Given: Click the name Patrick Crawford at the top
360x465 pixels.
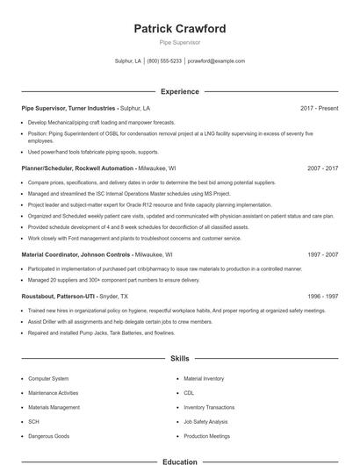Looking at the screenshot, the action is click(x=180, y=29).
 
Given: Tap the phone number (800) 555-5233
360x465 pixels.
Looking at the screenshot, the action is click(x=164, y=61).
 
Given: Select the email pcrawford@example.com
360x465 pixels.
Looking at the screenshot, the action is click(x=217, y=61).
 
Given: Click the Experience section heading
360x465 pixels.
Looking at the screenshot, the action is click(x=180, y=91).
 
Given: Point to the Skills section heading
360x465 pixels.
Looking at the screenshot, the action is click(x=180, y=359).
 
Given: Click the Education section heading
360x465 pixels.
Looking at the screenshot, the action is click(x=180, y=461).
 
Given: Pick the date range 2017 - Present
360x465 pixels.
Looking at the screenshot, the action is click(x=319, y=108).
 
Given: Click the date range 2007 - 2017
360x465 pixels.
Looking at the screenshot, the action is click(x=322, y=168).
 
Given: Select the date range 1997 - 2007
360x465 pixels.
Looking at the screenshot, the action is click(x=322, y=254).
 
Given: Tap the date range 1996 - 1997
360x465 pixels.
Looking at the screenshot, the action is click(x=322, y=297).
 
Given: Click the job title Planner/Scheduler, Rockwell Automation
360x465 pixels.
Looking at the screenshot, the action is click(x=78, y=168).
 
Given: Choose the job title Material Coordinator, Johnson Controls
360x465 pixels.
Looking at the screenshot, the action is click(x=81, y=254).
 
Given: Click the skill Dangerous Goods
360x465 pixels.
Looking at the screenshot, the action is click(x=48, y=436).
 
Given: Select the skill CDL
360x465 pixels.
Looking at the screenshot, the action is click(x=189, y=393).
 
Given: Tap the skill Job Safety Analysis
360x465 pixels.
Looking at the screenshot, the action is click(x=205, y=422).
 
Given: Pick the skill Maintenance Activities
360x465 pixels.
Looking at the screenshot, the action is click(x=54, y=393).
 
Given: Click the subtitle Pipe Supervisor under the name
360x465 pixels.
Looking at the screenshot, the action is click(x=180, y=42).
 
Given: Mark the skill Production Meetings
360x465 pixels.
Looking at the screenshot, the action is click(x=207, y=436).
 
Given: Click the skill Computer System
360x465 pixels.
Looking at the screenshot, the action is click(x=48, y=379).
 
